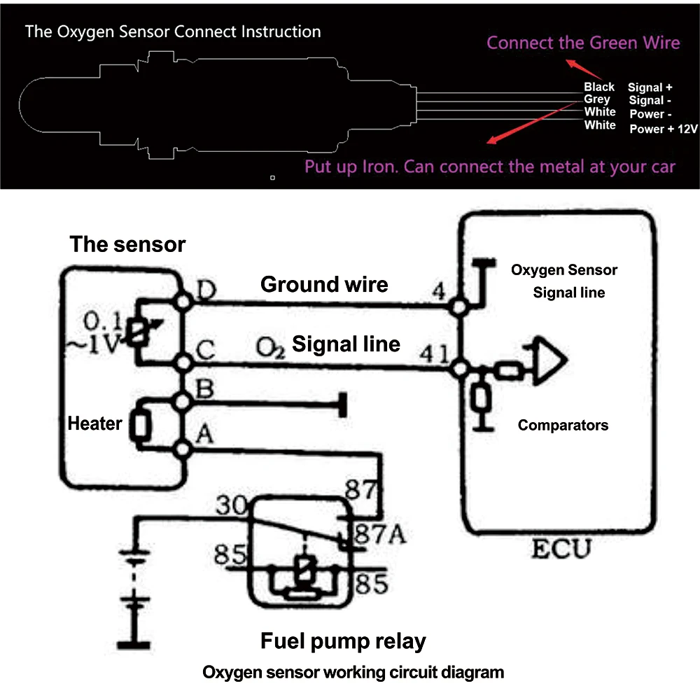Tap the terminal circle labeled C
[184, 363]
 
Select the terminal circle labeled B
[184, 402]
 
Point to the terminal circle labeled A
[184, 449]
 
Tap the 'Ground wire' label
[324, 284]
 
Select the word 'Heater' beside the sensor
[94, 423]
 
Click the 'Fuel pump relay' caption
[343, 640]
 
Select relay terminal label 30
[232, 505]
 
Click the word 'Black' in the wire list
[599, 87]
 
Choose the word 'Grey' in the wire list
[597, 99]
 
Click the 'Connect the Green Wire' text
[583, 43]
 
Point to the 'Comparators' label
[563, 425]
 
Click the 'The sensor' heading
[127, 244]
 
